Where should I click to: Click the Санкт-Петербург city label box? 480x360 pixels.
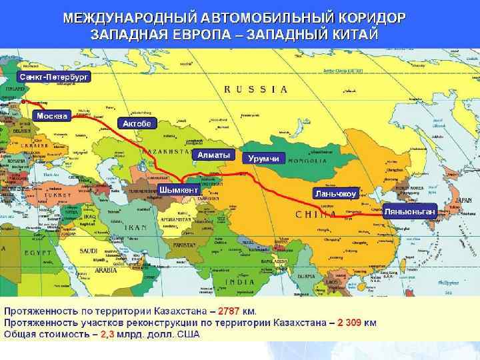(53, 77)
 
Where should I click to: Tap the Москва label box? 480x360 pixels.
(51, 116)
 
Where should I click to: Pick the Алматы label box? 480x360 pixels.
(213, 155)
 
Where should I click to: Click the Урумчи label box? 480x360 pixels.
(263, 159)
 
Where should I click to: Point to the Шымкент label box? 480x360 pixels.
(179, 190)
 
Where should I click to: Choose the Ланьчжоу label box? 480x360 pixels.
(337, 193)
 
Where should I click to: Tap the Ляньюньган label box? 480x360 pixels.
(410, 211)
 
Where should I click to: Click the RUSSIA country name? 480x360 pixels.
(256, 89)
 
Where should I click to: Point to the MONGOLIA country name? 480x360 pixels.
(307, 161)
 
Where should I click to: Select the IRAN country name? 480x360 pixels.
(136, 227)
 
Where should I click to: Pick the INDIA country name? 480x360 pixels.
(238, 282)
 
